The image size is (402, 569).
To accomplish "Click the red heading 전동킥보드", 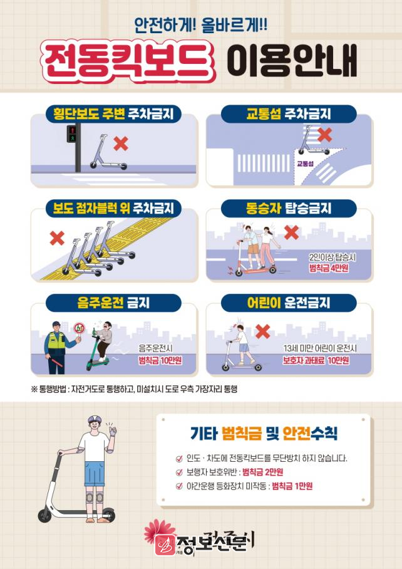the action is point(127,60).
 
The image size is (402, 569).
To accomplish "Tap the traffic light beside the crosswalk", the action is point(72,133).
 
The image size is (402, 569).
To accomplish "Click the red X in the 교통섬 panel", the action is point(324,135).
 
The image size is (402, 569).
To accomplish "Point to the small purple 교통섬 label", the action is point(305,164).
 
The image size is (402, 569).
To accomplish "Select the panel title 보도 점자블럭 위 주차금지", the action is point(113,209).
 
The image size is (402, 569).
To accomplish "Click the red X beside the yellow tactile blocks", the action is point(57,238).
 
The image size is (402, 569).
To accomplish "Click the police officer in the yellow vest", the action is point(56,347).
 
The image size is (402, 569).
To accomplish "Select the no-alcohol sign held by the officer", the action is point(79,329).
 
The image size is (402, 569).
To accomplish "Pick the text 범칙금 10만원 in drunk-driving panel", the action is point(160,361).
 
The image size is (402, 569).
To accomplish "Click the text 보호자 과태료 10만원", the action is point(316,361).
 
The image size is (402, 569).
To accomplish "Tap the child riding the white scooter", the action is point(242,343).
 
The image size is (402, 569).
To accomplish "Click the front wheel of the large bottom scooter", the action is point(44,516).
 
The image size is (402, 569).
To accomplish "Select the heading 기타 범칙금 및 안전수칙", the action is point(264,433).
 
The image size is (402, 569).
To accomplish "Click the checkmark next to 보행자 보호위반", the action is point(179,472).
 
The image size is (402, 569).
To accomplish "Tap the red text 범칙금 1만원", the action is point(292,486).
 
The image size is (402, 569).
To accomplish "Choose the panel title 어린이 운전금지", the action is point(289,303).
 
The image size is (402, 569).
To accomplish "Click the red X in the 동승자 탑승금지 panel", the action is point(291,232).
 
